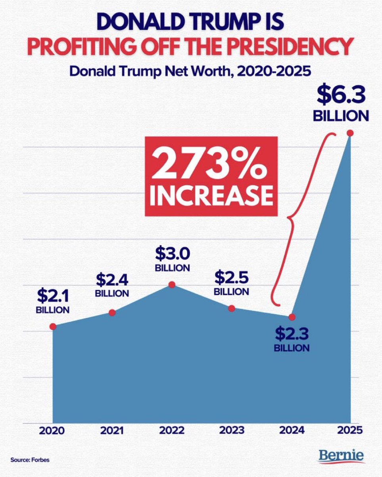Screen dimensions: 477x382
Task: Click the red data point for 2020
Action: pos(53,326)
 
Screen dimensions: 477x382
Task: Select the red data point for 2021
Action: pos(112,313)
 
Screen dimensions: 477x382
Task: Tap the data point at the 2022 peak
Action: pos(172,285)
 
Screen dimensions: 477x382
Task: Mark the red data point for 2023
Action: pos(232,308)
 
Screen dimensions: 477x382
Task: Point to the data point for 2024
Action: pos(292,317)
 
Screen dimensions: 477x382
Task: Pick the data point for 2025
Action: pos(350,134)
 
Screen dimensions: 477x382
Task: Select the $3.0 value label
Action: pos(172,253)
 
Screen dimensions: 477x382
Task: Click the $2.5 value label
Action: pos(231,276)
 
